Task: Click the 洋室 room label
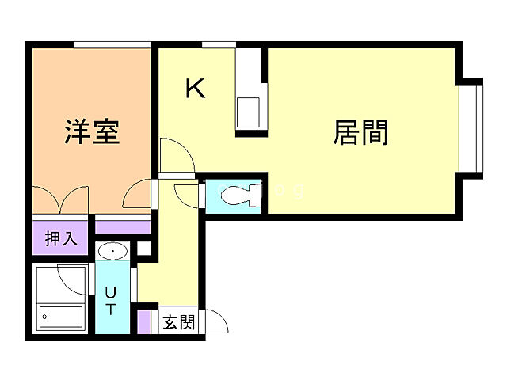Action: [x=92, y=131]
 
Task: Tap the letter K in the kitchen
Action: [x=195, y=89]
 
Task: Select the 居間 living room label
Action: [x=360, y=132]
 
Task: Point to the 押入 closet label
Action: [x=61, y=238]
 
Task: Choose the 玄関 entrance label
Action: [x=179, y=322]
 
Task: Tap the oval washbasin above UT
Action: [x=115, y=252]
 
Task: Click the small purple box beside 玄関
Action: [x=144, y=322]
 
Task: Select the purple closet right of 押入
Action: [x=123, y=228]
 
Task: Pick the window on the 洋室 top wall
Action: [x=112, y=45]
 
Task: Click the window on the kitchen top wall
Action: [x=219, y=45]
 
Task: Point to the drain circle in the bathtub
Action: [x=45, y=318]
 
